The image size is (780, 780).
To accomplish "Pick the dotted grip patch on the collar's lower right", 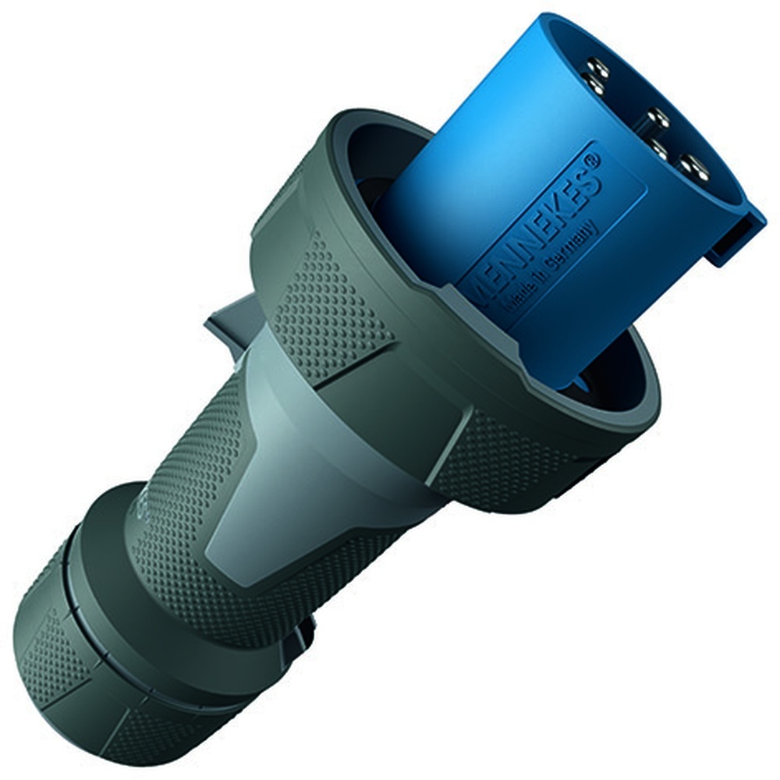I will click(x=499, y=460).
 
